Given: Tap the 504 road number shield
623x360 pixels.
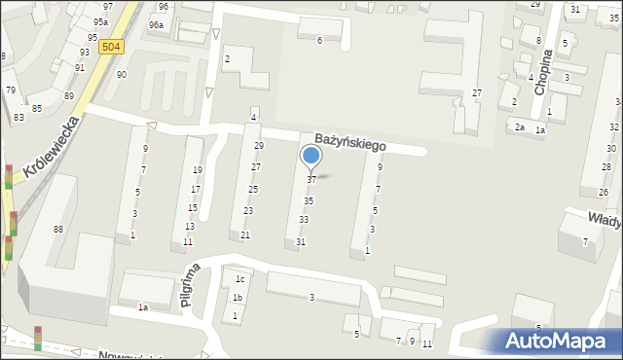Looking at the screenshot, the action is click(112, 47).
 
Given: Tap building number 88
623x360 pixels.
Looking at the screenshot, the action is click(58, 229).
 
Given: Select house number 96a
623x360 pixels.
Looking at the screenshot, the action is click(156, 24).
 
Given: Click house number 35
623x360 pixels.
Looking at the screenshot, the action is click(309, 200).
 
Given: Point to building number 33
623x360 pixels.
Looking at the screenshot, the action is click(304, 220).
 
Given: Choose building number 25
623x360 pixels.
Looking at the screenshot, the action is click(252, 189).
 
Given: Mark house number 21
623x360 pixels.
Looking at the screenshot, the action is click(245, 235).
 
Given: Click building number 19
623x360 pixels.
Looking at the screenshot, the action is click(198, 170).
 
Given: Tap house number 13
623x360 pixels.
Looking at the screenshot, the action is click(190, 226).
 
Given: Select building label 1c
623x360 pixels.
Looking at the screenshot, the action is click(239, 280).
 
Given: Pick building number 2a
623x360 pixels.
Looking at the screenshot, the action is click(521, 127).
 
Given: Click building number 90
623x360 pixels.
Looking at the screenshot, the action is click(122, 74).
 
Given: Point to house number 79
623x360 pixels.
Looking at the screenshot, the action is click(11, 90).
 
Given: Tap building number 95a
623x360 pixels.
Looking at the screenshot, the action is click(100, 21).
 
